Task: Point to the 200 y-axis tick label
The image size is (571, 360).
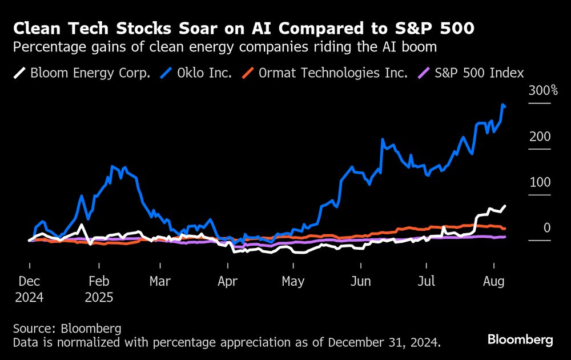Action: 539,137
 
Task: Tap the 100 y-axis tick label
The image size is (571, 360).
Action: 539,182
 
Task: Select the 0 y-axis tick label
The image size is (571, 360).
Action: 546,228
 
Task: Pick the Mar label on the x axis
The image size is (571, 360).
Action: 160,282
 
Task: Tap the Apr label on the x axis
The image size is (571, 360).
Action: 228,282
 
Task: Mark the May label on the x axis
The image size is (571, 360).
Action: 293,282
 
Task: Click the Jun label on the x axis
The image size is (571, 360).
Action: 360,282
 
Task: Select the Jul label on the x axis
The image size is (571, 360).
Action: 426,282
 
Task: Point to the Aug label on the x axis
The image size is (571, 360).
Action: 493,282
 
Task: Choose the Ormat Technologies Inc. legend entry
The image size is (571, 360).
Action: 325,73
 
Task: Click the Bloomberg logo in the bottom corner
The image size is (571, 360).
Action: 520,339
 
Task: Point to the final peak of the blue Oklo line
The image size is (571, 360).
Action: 502,105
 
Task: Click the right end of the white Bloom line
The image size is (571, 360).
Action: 505,206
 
